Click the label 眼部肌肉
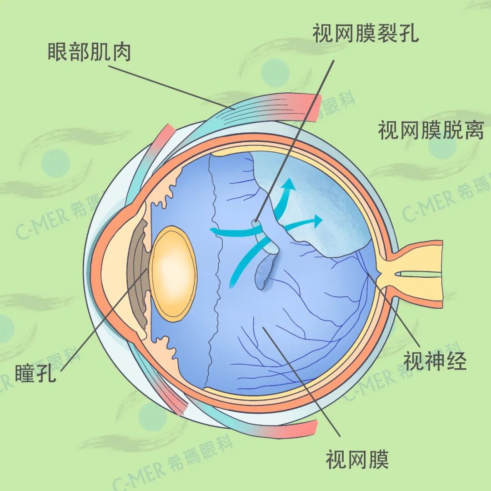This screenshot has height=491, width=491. [90, 52]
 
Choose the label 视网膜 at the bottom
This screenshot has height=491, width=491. [357, 460]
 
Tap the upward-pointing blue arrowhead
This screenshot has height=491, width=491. [288, 184]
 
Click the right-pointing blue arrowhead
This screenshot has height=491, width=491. [316, 221]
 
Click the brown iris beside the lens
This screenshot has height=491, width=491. [139, 273]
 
